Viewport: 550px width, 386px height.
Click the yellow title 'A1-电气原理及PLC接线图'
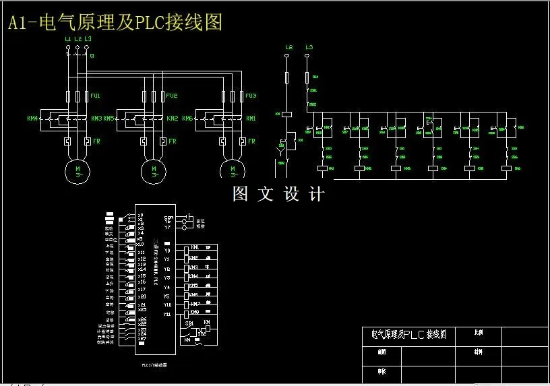pyautogui.click(x=115, y=24)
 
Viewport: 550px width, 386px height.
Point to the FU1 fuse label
pyautogui.click(x=95, y=96)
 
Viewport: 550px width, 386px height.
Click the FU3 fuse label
pyautogui.click(x=251, y=96)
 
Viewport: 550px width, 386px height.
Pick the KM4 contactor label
pyautogui.click(x=32, y=119)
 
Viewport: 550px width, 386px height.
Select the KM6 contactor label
pyautogui.click(x=187, y=119)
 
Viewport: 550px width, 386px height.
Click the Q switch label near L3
pyautogui.click(x=92, y=56)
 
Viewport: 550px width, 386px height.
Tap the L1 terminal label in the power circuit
pyautogui.click(x=67, y=39)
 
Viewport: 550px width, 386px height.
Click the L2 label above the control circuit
pyautogui.click(x=288, y=47)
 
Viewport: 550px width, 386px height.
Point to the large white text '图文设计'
pyautogui.click(x=278, y=194)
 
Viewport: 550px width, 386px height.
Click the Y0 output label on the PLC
pyautogui.click(x=167, y=250)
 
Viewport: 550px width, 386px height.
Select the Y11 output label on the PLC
pyautogui.click(x=167, y=314)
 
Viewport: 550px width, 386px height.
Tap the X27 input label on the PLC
pyautogui.click(x=142, y=339)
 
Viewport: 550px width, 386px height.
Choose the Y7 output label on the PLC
pyautogui.click(x=167, y=228)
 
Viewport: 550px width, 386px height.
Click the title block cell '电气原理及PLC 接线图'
pyautogui.click(x=404, y=334)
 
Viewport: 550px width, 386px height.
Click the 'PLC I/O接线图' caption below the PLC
pyautogui.click(x=154, y=364)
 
